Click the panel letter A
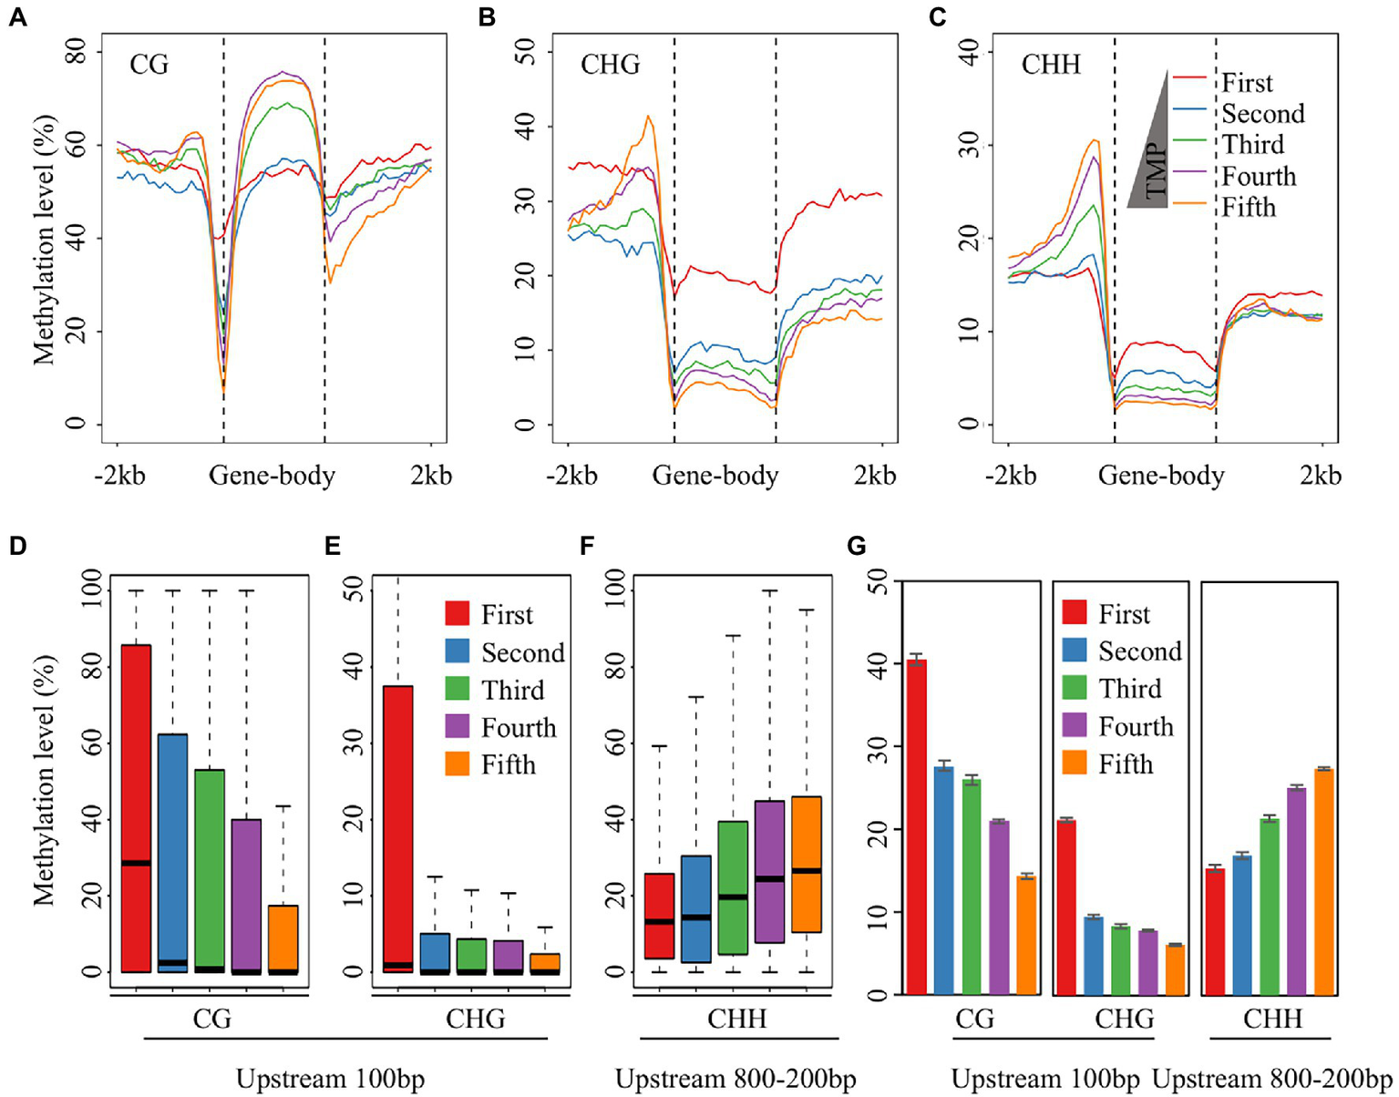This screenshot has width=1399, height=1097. click(17, 17)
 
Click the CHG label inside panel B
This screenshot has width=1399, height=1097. click(610, 65)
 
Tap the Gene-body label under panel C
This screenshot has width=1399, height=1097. click(1160, 476)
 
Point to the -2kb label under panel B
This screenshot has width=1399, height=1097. click(571, 476)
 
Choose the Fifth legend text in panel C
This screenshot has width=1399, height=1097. click(1249, 208)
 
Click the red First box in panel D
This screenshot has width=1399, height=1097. click(136, 807)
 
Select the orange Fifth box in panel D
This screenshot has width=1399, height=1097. click(283, 938)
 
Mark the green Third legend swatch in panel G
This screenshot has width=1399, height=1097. click(1075, 688)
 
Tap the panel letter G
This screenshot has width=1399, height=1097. click(856, 546)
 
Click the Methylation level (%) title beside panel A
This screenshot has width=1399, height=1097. click(44, 240)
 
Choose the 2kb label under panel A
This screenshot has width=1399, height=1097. click(430, 476)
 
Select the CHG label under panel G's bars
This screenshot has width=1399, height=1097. click(1124, 1019)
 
